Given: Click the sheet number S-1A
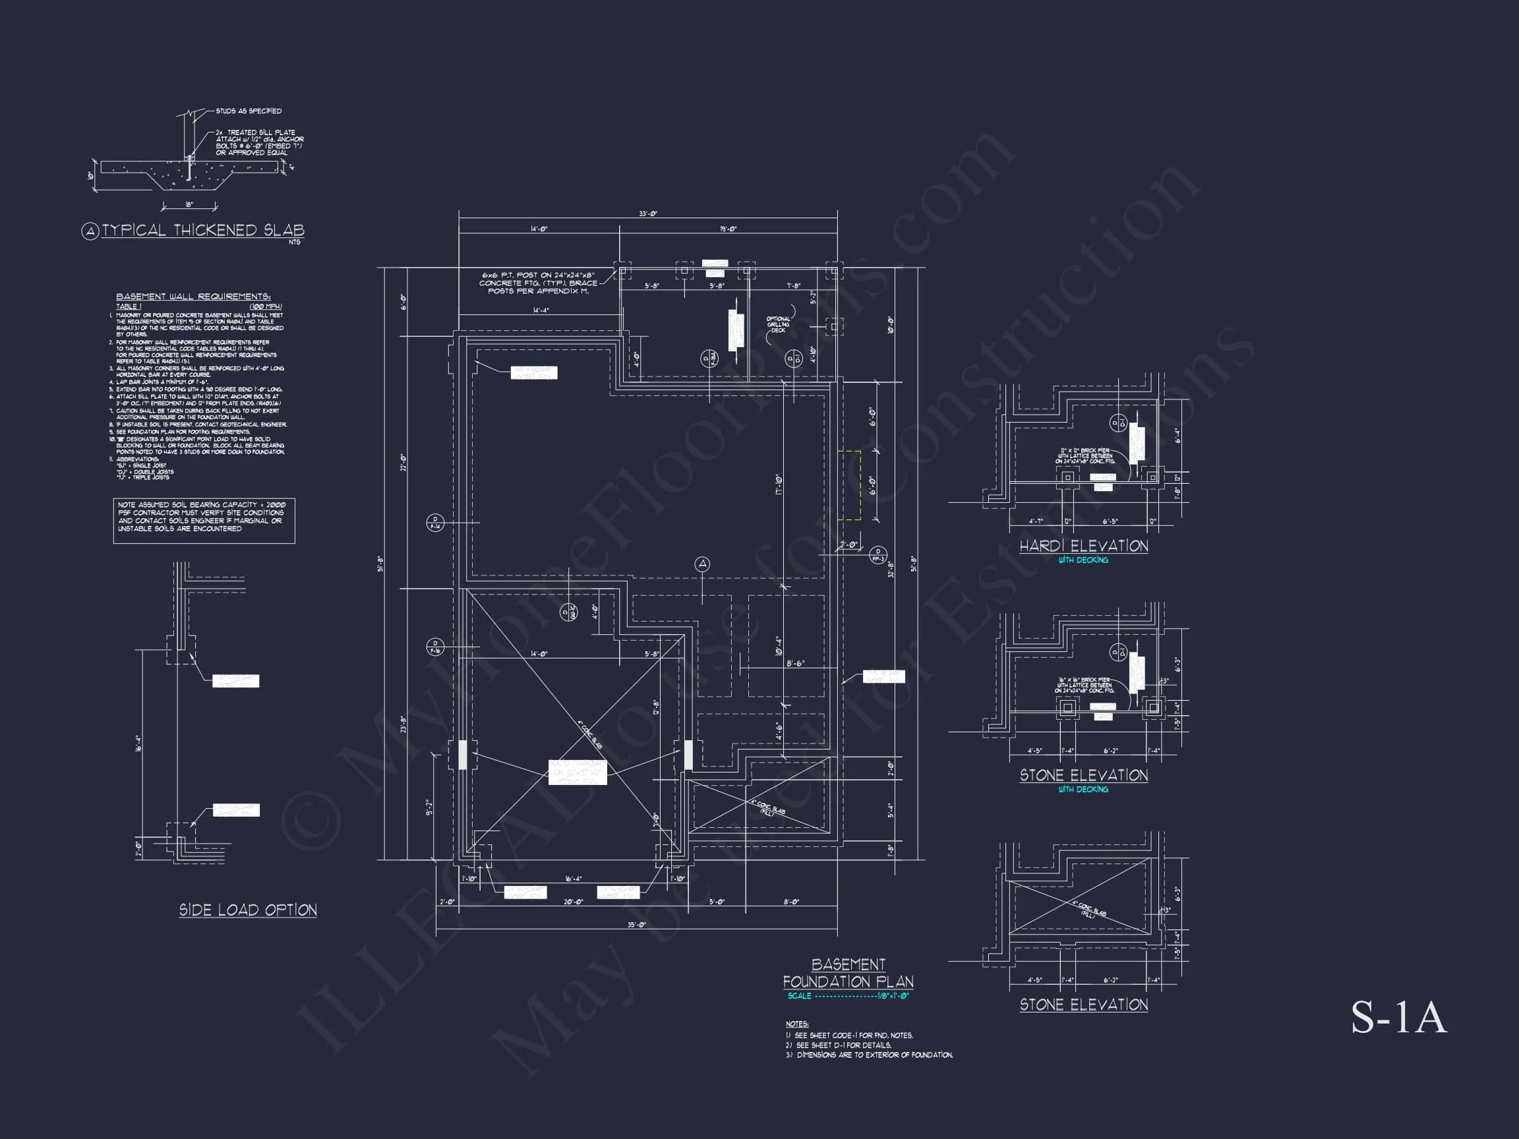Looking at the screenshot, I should coord(1398,1018).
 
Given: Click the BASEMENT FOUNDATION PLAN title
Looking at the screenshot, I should coord(848,974).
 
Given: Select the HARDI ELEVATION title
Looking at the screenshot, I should coord(1083,546).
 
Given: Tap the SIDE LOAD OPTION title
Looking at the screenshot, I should coord(248,910).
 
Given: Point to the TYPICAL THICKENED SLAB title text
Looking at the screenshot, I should coord(202,231).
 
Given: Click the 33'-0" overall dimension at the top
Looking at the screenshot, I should coord(647,214).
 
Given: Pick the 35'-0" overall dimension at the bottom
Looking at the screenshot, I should coord(637,925).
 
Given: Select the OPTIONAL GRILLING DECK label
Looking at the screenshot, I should coord(778,324).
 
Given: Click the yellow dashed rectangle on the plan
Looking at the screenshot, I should coord(849,484).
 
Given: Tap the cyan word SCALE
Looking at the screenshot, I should coord(799,995).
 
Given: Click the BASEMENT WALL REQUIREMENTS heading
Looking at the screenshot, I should coord(193,297).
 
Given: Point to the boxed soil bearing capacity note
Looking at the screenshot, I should coord(204,521).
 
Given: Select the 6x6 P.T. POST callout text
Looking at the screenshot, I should coord(538,283).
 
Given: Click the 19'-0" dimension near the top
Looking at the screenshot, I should coord(728,229).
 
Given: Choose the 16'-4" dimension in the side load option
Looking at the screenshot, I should coord(138,744).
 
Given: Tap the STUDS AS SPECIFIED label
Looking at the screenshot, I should coord(249,111).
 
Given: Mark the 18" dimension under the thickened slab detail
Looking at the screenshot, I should coord(189,204).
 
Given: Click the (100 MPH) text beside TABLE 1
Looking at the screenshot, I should coord(266,307).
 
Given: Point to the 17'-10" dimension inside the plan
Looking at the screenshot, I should coord(778,484).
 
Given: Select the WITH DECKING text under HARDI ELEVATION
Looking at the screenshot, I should coord(1083,560).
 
